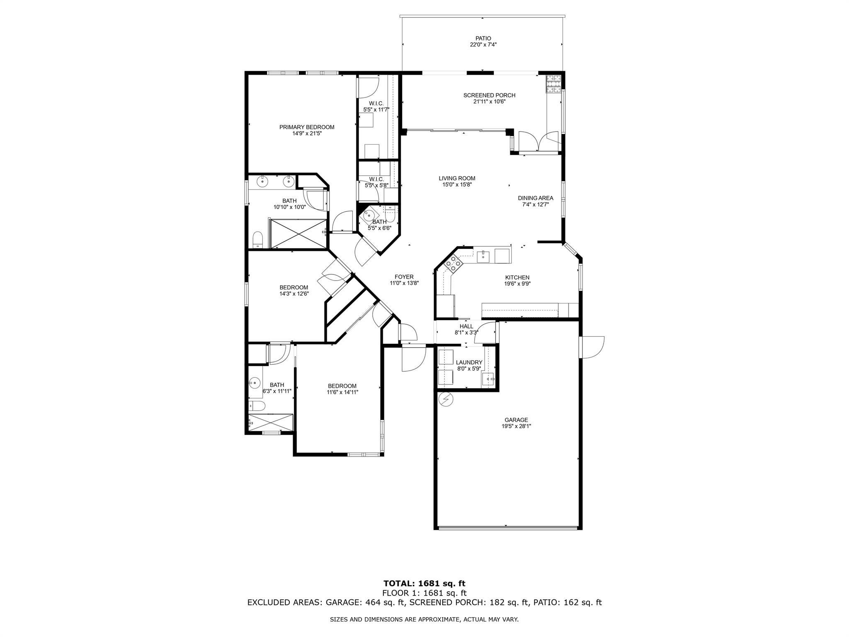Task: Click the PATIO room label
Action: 483,39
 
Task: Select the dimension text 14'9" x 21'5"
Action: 306,134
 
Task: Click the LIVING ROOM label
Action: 457,178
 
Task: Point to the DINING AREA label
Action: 536,198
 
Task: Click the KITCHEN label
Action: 517,277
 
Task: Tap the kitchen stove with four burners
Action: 453,263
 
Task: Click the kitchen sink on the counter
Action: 483,257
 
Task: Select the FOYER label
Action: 404,277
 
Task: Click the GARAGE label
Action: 516,420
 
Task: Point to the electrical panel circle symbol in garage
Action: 446,399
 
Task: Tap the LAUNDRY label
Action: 469,362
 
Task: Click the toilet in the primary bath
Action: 258,240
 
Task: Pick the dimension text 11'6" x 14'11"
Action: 342,392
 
